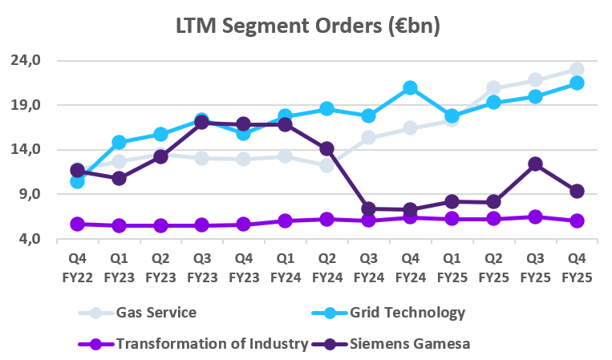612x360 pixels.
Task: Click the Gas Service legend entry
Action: coord(156,313)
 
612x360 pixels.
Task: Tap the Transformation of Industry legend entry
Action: coord(212,344)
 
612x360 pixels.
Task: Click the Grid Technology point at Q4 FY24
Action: coord(410,88)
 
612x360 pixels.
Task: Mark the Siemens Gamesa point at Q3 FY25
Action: coord(535,164)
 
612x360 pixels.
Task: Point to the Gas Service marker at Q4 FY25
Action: coord(576,70)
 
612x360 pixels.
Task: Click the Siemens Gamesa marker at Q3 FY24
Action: coord(368,208)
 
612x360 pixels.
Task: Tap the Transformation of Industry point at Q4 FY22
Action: coord(77,224)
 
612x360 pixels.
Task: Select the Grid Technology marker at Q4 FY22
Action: coord(77,181)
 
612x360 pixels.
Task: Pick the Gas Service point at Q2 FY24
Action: coord(326,165)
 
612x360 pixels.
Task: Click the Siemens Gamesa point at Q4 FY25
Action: coord(576,191)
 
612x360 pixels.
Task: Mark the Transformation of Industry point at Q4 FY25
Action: coord(576,220)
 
